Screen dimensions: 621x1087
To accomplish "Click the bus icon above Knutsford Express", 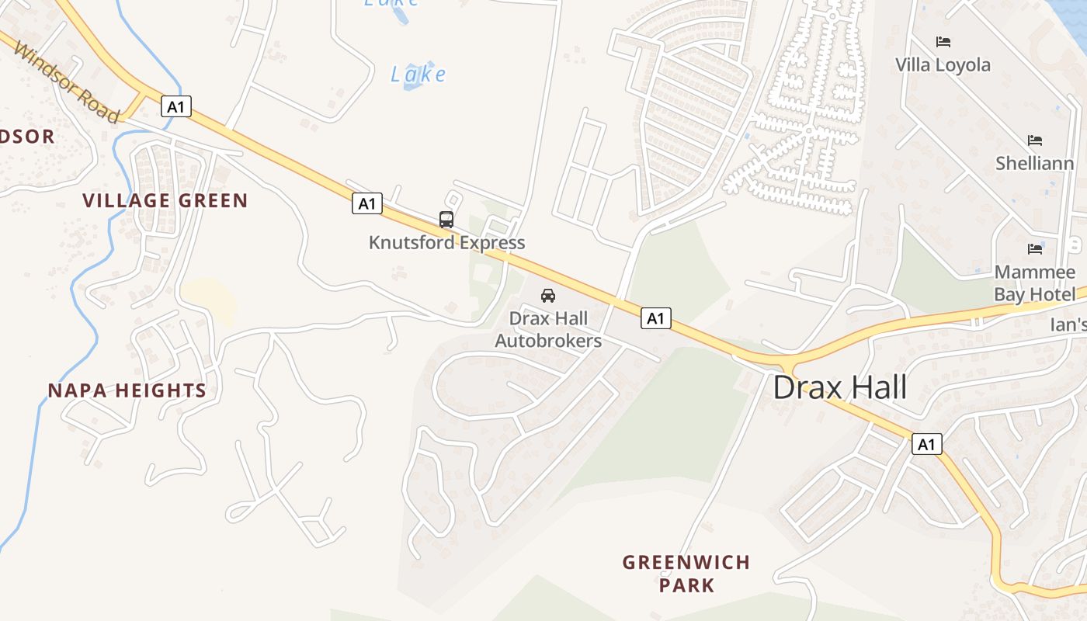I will pos(446,220).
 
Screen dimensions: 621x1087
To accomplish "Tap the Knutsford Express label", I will pos(446,242).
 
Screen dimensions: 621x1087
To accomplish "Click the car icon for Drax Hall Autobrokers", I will pos(548,296).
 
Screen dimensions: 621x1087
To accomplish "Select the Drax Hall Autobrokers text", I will pos(548,330).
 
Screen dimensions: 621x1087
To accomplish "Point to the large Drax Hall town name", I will pos(840,387).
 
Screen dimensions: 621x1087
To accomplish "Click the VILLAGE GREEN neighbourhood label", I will pos(165,200).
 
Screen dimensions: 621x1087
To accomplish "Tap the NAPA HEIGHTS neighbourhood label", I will pos(127,390).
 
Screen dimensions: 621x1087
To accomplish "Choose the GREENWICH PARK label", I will pos(686,573).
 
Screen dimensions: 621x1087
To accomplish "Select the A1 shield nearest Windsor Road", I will pos(176,106).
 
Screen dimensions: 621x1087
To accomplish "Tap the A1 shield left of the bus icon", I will pos(367,203).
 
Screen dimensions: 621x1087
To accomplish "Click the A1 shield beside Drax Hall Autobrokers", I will pos(656,317).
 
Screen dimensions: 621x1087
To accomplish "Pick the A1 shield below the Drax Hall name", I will pos(926,444).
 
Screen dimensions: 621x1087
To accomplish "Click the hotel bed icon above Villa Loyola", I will pos(943,42).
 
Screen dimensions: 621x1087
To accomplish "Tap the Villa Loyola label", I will pos(943,64).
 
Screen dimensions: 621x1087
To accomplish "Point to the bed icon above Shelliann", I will pos(1035,141).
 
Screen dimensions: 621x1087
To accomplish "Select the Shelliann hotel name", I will pos(1035,163).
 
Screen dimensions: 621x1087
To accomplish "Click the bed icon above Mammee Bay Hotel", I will pos(1035,249).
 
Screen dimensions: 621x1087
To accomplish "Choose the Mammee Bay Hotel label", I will pos(1035,283).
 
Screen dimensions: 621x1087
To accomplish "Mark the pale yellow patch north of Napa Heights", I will pos(208,300).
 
